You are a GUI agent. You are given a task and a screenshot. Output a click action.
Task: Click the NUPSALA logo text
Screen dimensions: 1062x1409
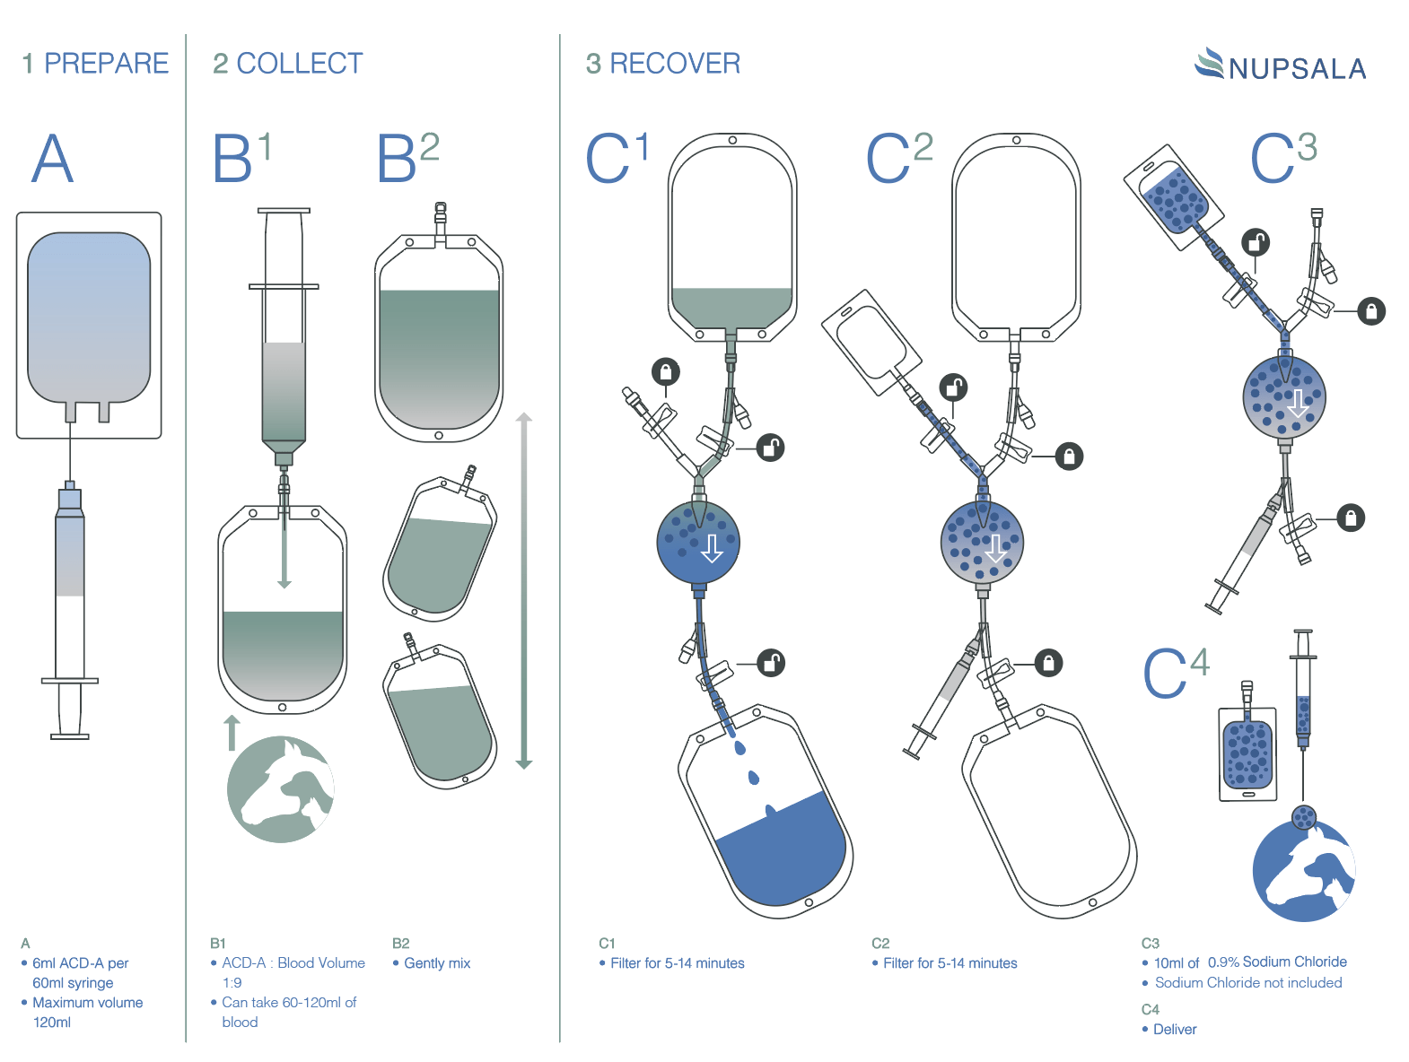coord(1297,68)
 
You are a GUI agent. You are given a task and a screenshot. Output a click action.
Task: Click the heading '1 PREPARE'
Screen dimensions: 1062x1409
coord(95,64)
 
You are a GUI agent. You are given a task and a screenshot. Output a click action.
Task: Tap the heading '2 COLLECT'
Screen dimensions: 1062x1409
coord(287,64)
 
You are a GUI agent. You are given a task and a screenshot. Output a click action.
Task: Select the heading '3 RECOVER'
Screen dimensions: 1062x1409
coord(662,64)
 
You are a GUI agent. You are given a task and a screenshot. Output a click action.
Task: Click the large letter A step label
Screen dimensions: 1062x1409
coord(52,159)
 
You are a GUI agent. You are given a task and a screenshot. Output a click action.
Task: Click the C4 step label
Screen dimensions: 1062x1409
coord(1175,672)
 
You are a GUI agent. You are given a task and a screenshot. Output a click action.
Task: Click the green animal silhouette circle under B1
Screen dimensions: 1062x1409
coord(280,789)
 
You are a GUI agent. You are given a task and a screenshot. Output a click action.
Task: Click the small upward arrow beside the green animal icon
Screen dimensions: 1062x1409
coord(232,732)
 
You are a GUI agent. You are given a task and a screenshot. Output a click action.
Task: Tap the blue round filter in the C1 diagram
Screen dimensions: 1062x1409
coord(698,542)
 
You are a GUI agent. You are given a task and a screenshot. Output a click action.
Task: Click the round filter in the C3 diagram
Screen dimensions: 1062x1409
coord(1284,396)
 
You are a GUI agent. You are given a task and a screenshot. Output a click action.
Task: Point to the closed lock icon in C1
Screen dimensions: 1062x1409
coord(665,371)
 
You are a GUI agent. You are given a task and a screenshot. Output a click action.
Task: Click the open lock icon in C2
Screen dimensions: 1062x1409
coord(953,387)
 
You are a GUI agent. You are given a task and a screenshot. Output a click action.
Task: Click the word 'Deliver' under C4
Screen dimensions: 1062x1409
coord(1175,1030)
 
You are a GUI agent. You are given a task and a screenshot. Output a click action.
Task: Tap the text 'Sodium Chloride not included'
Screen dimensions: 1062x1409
coord(1248,983)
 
